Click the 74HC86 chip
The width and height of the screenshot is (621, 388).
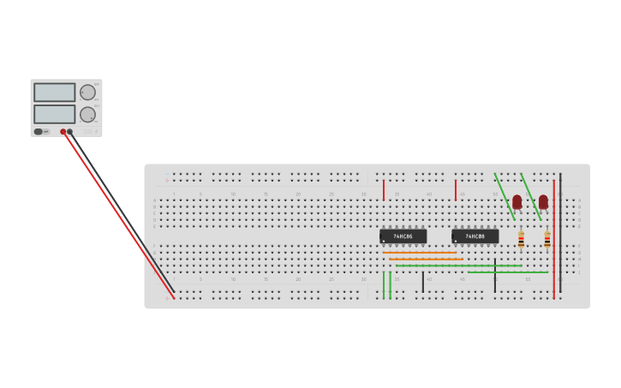point(403,236)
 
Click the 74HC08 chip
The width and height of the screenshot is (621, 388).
point(475,236)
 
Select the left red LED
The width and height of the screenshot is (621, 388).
point(517,201)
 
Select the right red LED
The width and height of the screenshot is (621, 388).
point(543,201)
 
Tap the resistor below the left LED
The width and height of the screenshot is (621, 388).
point(521,240)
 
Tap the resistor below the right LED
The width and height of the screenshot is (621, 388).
point(547,240)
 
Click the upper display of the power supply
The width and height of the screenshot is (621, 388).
point(55,92)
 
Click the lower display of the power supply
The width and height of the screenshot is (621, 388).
point(55,113)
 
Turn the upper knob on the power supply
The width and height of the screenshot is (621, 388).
point(87,93)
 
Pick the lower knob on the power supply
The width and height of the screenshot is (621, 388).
point(87,114)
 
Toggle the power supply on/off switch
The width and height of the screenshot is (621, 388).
point(39,131)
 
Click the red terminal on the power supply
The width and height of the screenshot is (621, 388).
point(63,132)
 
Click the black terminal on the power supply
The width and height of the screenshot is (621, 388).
point(70,132)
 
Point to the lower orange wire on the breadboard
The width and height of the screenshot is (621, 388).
point(426,259)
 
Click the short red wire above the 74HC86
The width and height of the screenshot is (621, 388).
point(384,190)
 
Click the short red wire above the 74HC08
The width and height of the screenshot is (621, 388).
point(456,190)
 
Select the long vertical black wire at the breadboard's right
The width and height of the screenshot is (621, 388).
point(560,231)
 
